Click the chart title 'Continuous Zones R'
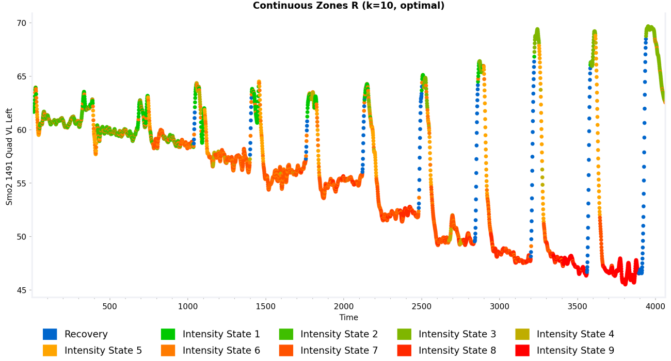[x=348, y=6]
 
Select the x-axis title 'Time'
[x=348, y=318]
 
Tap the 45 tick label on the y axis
[x=21, y=290]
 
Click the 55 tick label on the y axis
[x=21, y=184]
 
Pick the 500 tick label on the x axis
[x=110, y=306]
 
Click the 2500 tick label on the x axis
[x=422, y=306]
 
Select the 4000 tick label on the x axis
[x=656, y=306]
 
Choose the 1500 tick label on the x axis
[x=266, y=306]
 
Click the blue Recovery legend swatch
[x=50, y=334]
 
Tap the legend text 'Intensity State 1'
[x=221, y=334]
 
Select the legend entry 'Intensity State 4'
[x=575, y=334]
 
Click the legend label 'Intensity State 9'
[x=575, y=351]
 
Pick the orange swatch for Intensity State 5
[x=50, y=351]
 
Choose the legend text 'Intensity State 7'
[x=339, y=351]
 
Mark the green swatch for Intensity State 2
[x=286, y=334]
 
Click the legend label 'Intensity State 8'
[x=457, y=351]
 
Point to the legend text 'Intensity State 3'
[x=457, y=334]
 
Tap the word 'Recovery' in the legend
[x=86, y=334]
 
